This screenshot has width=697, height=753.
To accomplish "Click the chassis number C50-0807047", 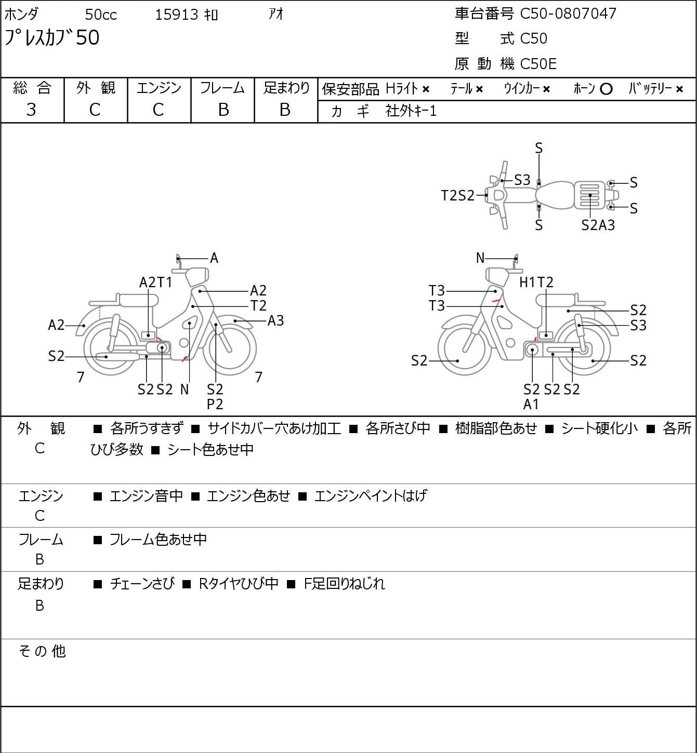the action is (568, 14).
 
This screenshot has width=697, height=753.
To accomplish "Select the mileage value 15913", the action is (177, 15).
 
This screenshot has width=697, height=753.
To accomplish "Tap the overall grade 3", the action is (31, 110).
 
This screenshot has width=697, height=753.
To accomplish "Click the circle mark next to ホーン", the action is (606, 89).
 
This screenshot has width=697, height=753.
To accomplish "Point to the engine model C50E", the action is (538, 64).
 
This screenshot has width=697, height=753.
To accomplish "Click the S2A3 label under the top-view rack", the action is (598, 225).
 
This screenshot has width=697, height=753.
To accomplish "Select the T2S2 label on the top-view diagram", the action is (457, 195).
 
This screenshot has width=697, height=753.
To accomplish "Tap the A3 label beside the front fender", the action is (275, 321).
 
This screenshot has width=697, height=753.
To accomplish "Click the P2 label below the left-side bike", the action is (215, 404).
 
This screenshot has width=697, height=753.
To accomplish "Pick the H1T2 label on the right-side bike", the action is (536, 282).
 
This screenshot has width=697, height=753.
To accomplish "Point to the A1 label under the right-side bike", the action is (531, 405).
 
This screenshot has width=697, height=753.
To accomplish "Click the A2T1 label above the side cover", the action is (155, 282).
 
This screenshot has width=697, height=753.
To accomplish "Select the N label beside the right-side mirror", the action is (480, 258).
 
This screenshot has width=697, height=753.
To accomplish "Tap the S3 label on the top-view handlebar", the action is (522, 180).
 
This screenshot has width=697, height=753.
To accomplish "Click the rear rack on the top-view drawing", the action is (589, 195).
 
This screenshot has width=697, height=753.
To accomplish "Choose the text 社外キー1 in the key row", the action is (411, 111).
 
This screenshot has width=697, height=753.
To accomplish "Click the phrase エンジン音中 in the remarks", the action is (146, 496).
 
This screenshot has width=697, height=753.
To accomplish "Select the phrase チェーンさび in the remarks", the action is (142, 584).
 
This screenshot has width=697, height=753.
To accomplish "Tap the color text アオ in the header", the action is (276, 14).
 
